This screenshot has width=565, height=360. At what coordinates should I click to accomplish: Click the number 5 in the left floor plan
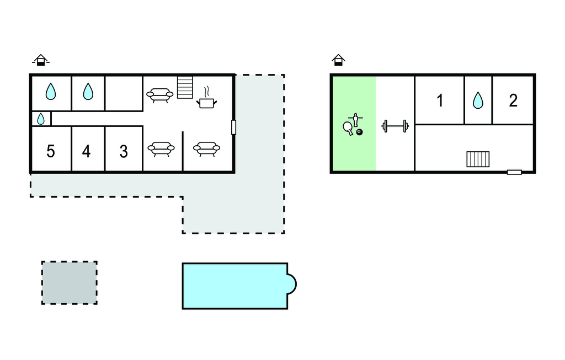click(x=50, y=151)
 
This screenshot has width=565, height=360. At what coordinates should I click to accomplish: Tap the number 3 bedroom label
click(x=124, y=151)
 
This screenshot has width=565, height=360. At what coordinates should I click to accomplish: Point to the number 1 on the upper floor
click(x=440, y=100)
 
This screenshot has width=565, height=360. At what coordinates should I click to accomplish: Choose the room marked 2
click(x=513, y=100)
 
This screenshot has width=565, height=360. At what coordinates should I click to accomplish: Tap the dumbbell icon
click(x=395, y=126)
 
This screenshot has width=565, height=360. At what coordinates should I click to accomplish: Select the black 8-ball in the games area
click(x=359, y=132)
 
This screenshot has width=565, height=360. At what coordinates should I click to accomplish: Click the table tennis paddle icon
click(x=348, y=128)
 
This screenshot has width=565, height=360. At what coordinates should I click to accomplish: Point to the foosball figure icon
click(x=356, y=120)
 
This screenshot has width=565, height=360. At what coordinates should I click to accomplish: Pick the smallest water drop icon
click(x=41, y=119)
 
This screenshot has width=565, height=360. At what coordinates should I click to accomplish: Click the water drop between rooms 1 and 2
click(x=478, y=100)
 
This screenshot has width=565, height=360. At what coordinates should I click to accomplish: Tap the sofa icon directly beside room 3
click(x=161, y=149)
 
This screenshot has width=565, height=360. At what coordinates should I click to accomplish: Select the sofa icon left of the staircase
click(x=159, y=95)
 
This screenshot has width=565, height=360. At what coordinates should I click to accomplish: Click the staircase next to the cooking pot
click(x=185, y=87)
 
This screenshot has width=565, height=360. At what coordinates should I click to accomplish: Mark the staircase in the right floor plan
click(x=478, y=159)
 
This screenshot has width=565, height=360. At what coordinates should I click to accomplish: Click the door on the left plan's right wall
click(x=233, y=128)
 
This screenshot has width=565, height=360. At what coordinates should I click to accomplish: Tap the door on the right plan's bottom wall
click(x=514, y=172)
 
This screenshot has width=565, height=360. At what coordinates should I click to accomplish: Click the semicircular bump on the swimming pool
click(x=291, y=284)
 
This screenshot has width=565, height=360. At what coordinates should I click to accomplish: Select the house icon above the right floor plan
click(x=338, y=60)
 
